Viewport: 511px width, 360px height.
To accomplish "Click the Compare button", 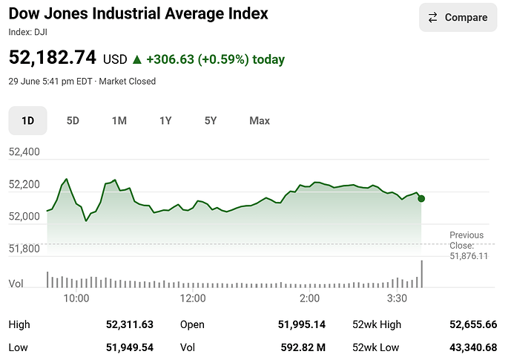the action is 458,17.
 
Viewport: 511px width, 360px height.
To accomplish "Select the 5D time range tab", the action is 73,121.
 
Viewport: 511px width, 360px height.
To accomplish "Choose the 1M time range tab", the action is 119,121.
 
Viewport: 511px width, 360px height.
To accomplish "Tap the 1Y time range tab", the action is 165,121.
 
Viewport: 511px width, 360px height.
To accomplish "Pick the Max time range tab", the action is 260,121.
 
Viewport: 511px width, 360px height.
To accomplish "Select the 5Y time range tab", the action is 211,121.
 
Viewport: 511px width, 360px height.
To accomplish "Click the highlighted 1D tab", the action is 27,121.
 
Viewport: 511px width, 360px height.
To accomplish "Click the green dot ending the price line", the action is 421,199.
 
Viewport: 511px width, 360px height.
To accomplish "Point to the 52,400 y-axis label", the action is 24,151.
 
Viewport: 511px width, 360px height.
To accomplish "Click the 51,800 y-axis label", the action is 24,249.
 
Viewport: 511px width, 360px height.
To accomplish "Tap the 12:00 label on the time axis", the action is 193,298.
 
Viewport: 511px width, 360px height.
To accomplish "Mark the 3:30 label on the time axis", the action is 397,298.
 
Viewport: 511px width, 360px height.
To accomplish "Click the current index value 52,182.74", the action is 52,57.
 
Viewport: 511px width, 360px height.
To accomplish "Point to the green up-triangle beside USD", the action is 137,59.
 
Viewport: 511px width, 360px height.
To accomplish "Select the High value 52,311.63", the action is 130,324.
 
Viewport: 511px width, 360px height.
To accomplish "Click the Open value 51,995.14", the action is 301,324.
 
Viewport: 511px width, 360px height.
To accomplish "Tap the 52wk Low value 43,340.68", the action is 473,347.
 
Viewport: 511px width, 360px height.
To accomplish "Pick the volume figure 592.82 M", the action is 303,347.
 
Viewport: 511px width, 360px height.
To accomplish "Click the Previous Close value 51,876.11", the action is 469,256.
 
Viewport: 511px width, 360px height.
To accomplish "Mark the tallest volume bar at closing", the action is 422,274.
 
